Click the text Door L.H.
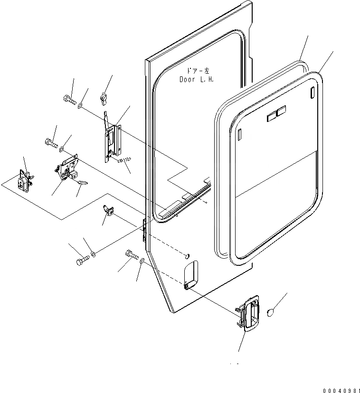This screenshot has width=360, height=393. coord(196,80)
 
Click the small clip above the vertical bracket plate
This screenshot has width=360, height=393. coord(103,98)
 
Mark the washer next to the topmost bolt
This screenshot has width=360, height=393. coord(81,104)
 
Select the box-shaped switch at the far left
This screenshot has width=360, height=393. coord(25,179)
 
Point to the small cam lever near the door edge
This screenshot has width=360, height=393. coord(107,211)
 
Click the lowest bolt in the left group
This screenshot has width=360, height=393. coord(82,261)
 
